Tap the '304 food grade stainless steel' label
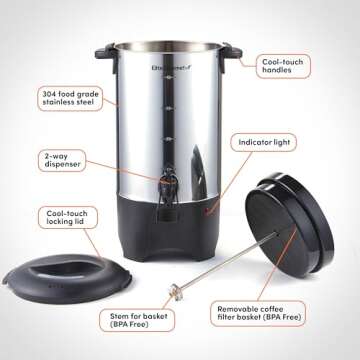(x=69, y=99)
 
